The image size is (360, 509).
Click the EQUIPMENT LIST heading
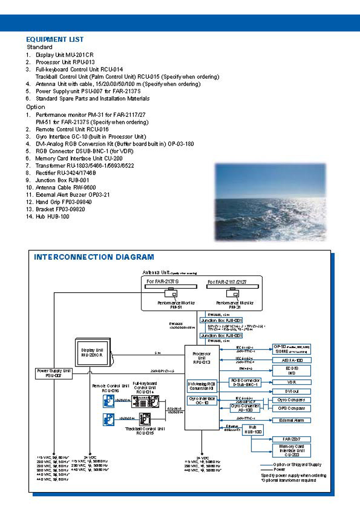tap(55, 39)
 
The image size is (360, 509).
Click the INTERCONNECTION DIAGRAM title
tap(94, 257)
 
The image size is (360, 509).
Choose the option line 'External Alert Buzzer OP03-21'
tap(73, 195)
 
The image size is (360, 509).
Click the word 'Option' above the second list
tap(35, 107)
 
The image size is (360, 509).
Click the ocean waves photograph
tap(270, 202)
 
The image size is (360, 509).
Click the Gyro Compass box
tap(292, 400)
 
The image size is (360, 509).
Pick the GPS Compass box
tap(292, 408)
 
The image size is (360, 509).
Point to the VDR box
tap(292, 382)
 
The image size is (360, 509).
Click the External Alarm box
tap(292, 420)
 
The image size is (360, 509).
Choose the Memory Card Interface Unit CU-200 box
tap(292, 450)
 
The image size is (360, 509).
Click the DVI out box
tap(292, 391)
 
